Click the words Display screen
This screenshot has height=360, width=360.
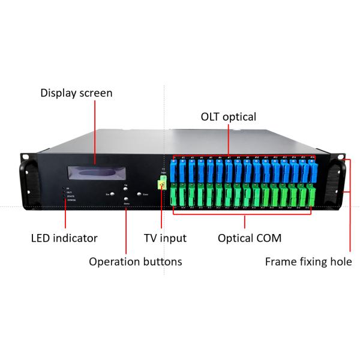point(76,93)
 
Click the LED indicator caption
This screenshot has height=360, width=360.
point(64,238)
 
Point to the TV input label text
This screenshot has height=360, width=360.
point(166,238)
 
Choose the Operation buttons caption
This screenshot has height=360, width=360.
point(135,262)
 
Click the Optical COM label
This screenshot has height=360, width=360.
point(250,238)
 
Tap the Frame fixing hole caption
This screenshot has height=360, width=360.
point(308,262)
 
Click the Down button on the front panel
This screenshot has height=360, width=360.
point(126,200)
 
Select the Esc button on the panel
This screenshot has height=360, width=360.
point(112,194)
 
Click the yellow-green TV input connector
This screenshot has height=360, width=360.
point(161,182)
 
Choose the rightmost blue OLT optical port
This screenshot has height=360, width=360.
point(312,170)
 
